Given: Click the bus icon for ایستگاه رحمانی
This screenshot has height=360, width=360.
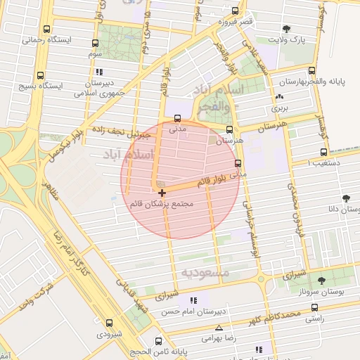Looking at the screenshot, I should coord(46,30).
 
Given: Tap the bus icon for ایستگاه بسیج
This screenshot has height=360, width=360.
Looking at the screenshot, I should coord(39,75).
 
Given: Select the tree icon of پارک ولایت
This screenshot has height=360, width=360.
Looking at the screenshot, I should coord(285,30).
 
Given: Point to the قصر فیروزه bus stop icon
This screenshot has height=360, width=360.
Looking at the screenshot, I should coord(235,11).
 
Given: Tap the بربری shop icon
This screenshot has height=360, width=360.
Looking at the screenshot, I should coord(280,97).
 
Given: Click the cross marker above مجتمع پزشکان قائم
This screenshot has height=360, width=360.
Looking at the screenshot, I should coord(162,193).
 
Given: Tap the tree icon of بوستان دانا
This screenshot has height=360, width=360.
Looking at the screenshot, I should coord(346,198).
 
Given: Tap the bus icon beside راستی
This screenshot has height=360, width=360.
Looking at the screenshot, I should coord(314,307).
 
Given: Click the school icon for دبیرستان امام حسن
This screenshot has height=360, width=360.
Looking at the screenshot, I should coord(194,300).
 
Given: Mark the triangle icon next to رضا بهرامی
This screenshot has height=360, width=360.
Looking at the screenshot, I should coord(219,328).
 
